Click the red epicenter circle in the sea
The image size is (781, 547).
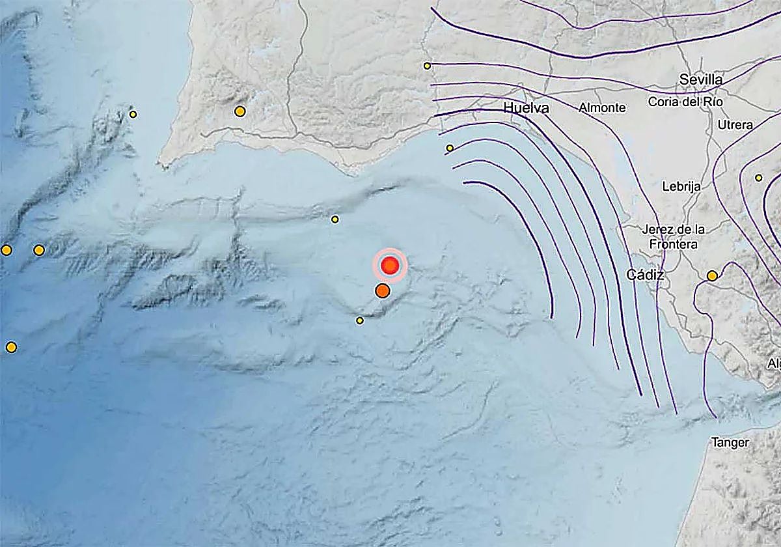[390, 265]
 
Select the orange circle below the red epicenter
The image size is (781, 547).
[383, 290]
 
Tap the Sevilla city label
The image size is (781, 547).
[700, 79]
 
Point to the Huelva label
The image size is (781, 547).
[527, 107]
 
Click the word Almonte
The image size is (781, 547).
[602, 108]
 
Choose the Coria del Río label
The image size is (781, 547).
[685, 102]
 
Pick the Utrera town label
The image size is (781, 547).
[735, 124]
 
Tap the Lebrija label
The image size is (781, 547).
[681, 186]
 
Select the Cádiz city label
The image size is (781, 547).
[645, 275]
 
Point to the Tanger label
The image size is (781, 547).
[730, 443]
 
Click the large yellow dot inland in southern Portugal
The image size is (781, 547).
[240, 111]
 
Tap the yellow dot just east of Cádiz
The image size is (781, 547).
[712, 276]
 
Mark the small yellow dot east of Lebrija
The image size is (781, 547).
[758, 178]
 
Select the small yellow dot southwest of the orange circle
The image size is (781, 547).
[360, 320]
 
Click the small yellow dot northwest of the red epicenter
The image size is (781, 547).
[335, 219]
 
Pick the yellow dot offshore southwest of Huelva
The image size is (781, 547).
[450, 148]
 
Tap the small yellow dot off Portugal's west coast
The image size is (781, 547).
[133, 115]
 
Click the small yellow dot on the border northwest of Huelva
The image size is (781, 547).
[427, 66]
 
